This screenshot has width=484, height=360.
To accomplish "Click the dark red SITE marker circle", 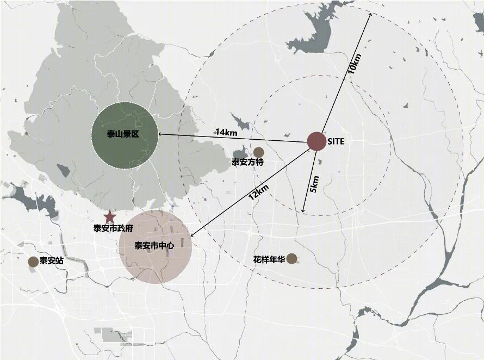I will [316, 141].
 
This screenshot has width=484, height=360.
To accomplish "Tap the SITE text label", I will [336, 141].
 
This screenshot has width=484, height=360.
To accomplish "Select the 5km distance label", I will [314, 184].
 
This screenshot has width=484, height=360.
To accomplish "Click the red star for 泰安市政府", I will [110, 216].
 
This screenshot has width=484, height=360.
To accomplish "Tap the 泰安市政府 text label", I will [113, 229].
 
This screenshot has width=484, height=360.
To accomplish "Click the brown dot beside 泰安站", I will [33, 262].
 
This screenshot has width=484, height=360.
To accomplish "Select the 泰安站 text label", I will [52, 261].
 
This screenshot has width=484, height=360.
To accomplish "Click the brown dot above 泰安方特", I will [259, 152].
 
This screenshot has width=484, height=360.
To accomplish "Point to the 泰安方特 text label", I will [247, 162].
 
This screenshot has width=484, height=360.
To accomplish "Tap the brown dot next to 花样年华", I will [292, 259].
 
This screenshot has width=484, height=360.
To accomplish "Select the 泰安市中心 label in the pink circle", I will [154, 246].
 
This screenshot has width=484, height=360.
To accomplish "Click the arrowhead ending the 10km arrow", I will [370, 15].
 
